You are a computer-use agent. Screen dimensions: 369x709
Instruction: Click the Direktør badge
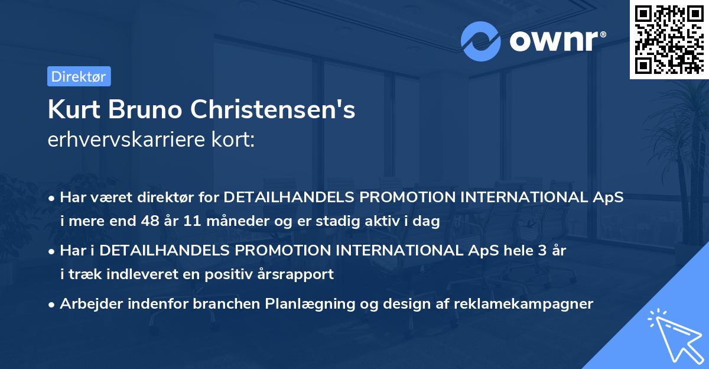click(79, 76)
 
